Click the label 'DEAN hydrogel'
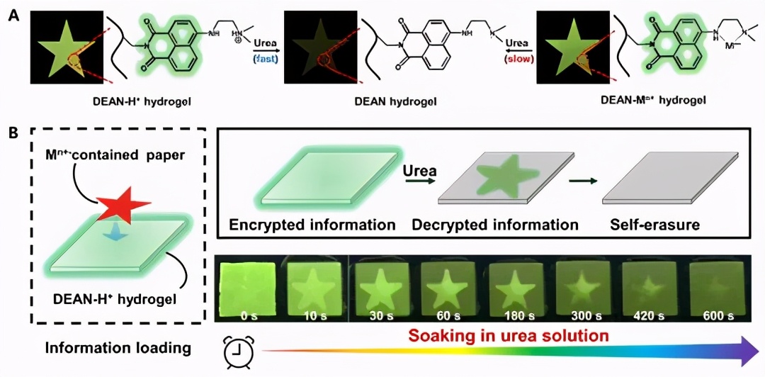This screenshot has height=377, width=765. click(395, 102)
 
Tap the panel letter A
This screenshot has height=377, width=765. click(13, 12)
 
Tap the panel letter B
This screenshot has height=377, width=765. click(13, 133)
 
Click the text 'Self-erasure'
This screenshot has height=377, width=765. click(655, 225)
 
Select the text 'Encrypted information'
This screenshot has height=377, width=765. click(312, 225)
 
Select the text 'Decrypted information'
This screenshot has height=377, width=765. click(495, 225)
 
